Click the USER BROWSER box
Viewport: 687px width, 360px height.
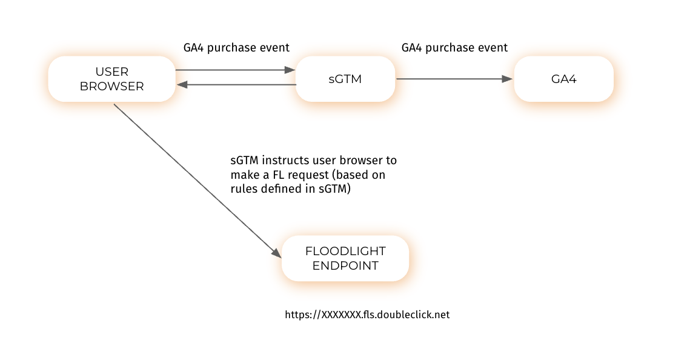111,79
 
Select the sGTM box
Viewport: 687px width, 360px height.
345,79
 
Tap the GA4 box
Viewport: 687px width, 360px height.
563,79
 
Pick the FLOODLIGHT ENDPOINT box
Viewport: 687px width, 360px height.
345,258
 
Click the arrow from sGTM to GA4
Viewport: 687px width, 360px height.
454,79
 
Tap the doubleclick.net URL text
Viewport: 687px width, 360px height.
367,315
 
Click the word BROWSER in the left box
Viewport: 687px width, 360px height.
112,86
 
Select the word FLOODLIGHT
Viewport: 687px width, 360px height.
345,251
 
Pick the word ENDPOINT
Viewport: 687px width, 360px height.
345,265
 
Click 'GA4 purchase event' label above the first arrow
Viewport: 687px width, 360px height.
236,47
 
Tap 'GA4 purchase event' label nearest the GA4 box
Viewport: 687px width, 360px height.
454,47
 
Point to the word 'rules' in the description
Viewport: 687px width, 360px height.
242,188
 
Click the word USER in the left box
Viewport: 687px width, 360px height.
112,72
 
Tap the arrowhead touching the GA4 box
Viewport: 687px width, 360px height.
508,79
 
